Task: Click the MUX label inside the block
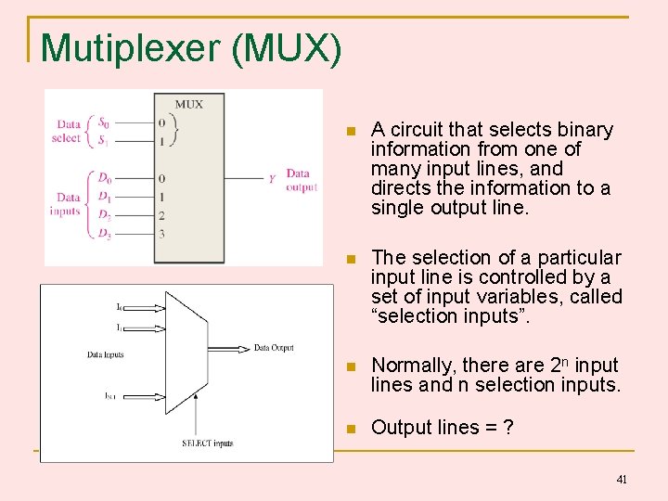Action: (188, 104)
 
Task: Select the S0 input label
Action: (104, 122)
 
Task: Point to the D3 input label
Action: (105, 234)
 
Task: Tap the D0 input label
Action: (105, 177)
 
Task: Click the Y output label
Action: (271, 179)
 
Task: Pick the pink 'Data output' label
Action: (301, 180)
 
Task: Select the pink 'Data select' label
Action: (68, 131)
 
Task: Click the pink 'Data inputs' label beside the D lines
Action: (68, 203)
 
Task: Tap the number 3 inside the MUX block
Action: (161, 234)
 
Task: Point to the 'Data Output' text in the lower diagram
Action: (274, 348)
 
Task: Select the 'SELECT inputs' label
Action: (207, 443)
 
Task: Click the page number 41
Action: (622, 480)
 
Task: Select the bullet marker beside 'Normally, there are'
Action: (350, 366)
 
